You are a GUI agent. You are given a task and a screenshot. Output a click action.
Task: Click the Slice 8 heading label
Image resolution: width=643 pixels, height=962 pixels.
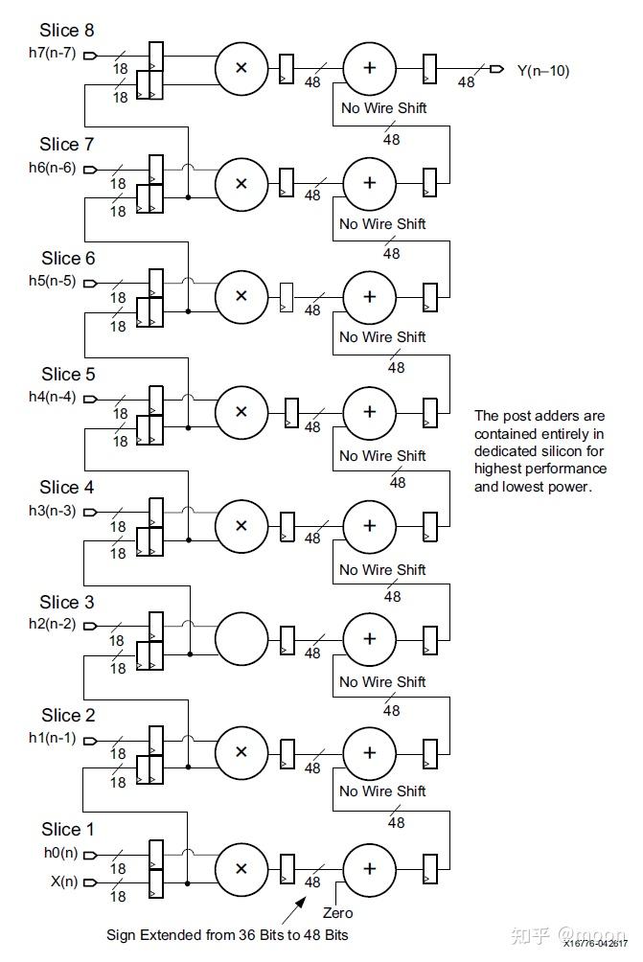pos(67,31)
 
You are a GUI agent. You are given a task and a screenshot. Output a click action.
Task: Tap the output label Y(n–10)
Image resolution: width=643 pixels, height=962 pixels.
pos(542,70)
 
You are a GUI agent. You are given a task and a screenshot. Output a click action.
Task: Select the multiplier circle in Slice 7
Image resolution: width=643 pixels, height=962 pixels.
pos(241,182)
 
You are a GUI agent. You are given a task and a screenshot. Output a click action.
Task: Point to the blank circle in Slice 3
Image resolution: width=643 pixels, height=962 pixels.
pos(241,638)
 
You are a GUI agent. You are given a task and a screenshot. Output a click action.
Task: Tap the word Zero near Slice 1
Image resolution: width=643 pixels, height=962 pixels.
pos(338,912)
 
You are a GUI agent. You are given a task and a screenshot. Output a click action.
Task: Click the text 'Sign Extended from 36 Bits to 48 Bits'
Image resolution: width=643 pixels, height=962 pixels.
pos(227,934)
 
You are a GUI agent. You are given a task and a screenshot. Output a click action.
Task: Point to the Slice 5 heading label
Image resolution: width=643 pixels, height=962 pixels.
pos(67,374)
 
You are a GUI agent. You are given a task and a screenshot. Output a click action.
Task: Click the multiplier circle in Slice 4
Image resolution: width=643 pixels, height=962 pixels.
pos(241,525)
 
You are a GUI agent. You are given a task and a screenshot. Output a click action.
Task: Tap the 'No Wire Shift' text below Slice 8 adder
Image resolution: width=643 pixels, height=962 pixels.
pos(383,107)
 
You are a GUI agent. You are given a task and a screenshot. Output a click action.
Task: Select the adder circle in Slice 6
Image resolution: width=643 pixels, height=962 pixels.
pos(369,295)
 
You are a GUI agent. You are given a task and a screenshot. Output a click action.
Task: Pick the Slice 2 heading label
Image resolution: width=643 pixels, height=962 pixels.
pos(67,716)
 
